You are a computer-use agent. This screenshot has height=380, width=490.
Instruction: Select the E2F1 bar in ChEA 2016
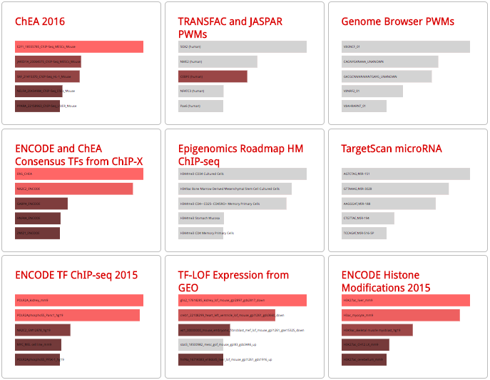coord(78,46)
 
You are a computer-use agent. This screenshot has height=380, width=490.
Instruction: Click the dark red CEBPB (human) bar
coord(213,76)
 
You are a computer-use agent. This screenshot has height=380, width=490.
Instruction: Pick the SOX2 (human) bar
coord(242,46)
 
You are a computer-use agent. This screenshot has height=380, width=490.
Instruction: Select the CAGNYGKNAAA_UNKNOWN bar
coord(389,61)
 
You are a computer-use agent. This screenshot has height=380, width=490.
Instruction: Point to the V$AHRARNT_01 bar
coord(364,106)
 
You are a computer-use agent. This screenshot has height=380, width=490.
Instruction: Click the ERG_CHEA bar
coord(78,174)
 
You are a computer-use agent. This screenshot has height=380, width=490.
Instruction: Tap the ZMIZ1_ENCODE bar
coord(37,234)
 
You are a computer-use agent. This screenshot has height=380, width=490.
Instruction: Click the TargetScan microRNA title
coord(392,149)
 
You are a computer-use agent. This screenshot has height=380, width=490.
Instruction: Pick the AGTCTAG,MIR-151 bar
coord(405,174)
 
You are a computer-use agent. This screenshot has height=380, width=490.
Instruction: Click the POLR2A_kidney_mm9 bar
coord(78,300)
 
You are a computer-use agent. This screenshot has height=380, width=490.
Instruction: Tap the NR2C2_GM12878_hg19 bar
coord(42,330)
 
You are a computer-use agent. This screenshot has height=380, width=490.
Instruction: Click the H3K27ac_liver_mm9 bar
coord(405,300)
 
